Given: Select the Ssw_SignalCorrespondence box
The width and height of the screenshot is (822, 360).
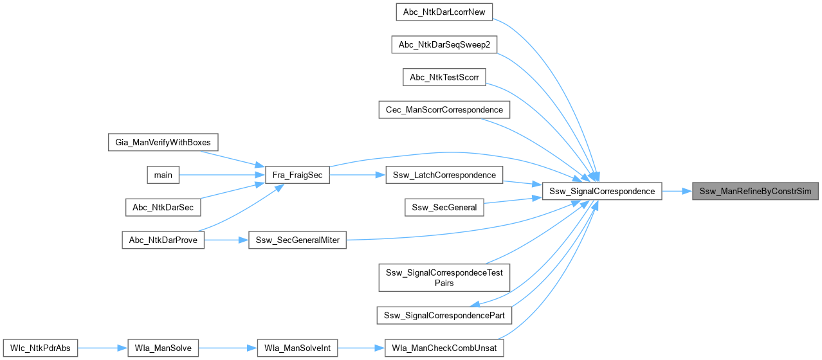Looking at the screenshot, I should (602, 191).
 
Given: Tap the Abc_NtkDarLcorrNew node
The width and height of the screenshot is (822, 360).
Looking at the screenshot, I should (444, 11).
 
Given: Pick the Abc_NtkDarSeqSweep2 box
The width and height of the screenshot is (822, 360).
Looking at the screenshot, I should (444, 44).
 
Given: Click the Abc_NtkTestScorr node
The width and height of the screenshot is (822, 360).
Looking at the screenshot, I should (444, 76).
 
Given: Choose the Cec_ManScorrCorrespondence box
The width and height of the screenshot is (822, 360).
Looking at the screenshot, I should (444, 109).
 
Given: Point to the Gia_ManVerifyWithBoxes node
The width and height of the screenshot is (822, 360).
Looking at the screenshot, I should (163, 142).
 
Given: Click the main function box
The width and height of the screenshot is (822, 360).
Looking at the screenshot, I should (163, 175).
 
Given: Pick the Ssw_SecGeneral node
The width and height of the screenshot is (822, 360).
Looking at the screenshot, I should (444, 207).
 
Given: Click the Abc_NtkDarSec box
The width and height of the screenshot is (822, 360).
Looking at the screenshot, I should (163, 207).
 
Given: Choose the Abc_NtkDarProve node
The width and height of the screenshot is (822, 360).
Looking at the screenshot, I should (163, 240).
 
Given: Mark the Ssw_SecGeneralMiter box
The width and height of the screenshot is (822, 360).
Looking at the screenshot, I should (298, 240).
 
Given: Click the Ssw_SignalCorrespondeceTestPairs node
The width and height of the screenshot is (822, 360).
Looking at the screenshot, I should (444, 277).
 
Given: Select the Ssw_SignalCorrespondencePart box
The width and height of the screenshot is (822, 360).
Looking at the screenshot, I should (444, 315).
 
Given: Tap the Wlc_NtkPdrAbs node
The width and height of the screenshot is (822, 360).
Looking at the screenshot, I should (41, 348).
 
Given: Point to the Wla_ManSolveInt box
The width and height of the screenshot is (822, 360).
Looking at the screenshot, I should (298, 348).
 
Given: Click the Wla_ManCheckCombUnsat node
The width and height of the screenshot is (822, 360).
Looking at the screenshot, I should (444, 348).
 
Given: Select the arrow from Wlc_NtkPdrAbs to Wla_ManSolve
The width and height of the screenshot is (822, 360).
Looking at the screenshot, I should (102, 348).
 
